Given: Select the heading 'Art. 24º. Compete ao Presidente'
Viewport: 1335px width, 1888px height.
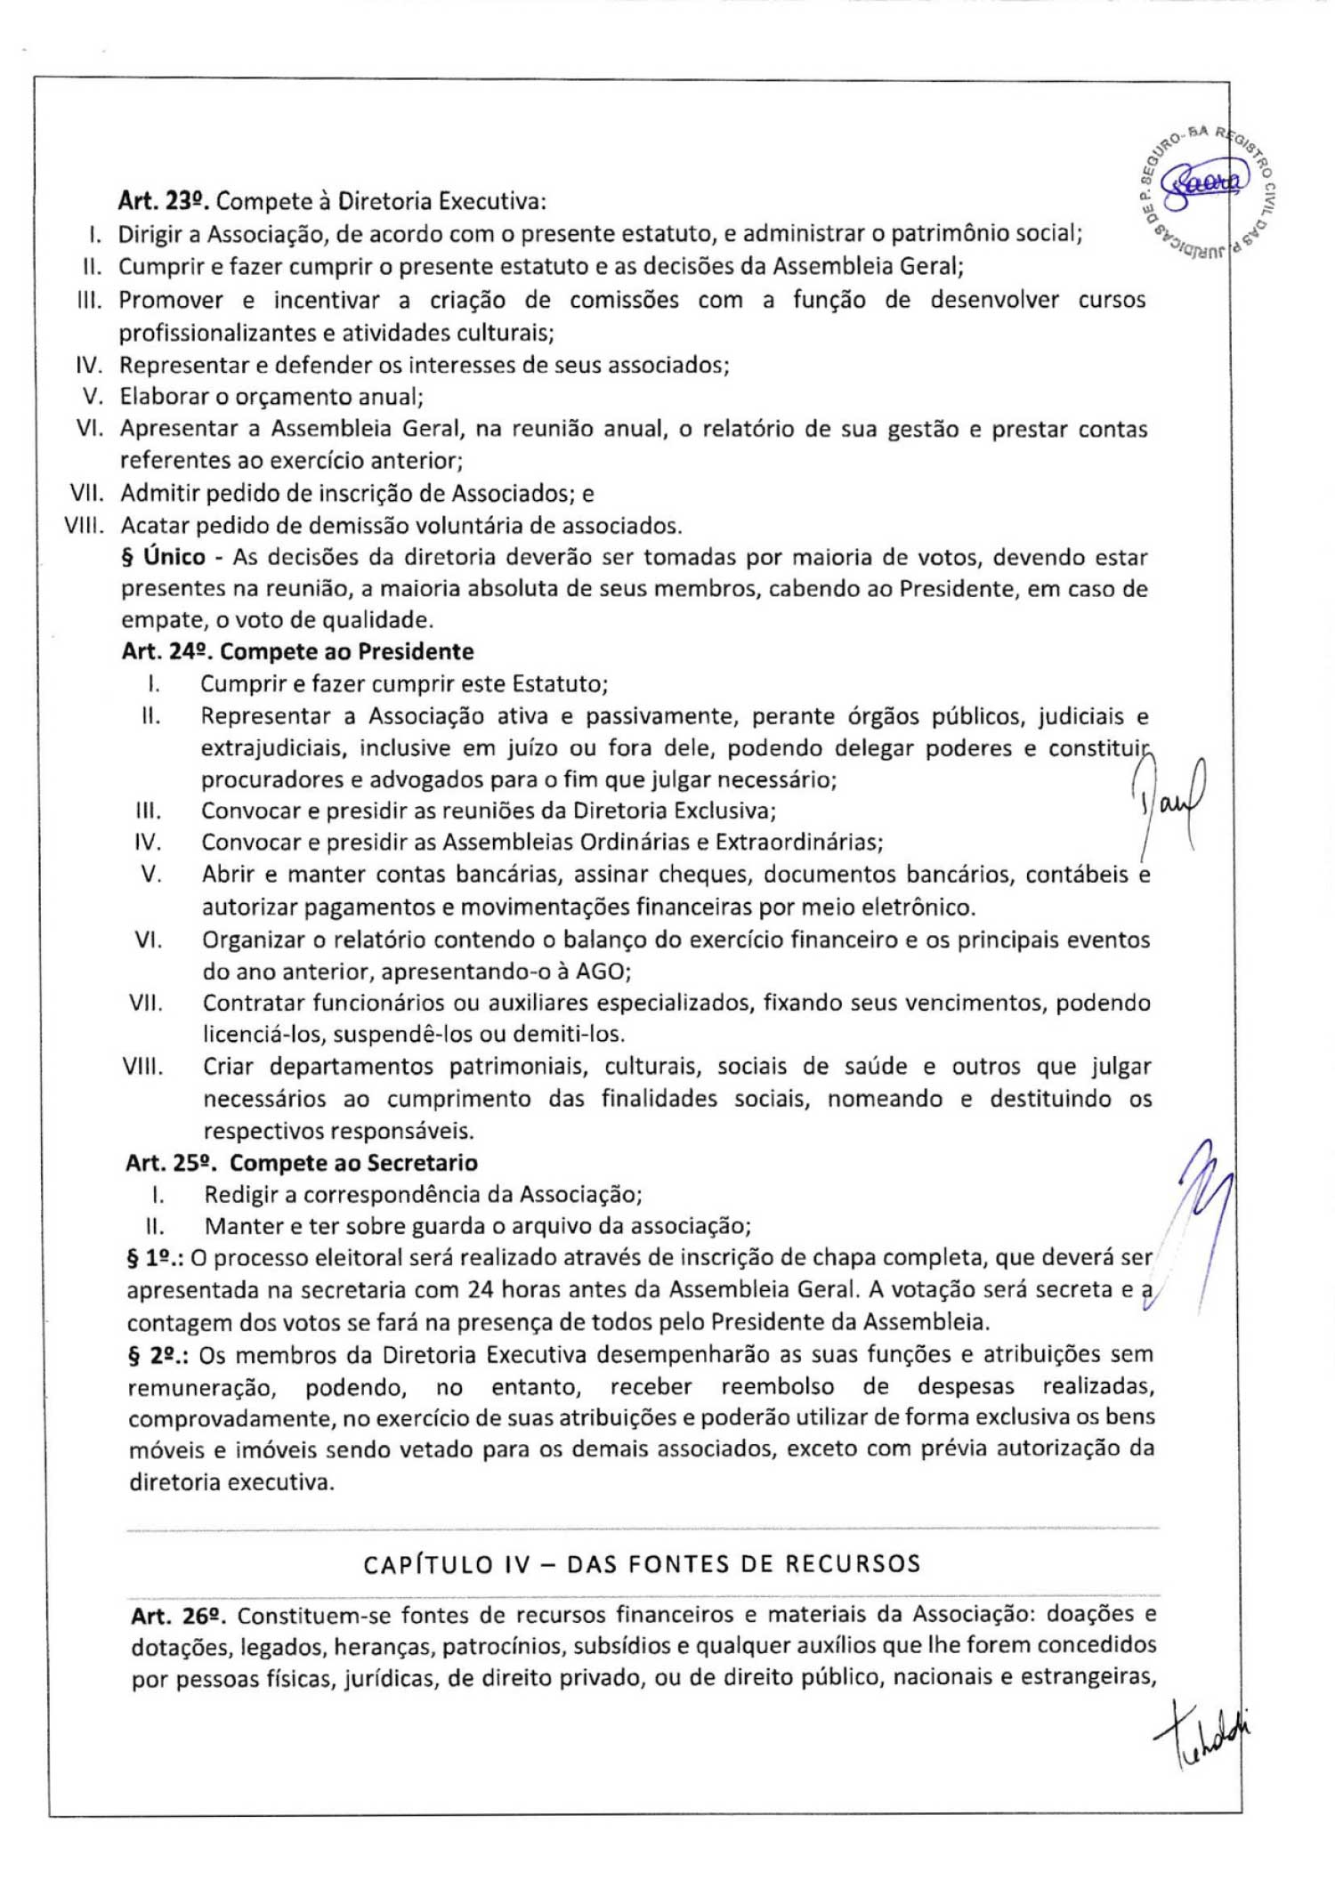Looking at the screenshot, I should tap(297, 651).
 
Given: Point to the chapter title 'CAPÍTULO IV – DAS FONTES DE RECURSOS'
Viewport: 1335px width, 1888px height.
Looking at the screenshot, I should tap(642, 1564).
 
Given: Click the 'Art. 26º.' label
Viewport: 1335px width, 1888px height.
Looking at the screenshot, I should tap(178, 1615).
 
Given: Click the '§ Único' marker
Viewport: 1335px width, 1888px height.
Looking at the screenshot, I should tap(163, 557).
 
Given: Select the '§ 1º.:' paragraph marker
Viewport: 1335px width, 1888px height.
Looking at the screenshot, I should tap(156, 1258).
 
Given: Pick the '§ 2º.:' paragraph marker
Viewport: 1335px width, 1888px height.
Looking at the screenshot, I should tap(158, 1355).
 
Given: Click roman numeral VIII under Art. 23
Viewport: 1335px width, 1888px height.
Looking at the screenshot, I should tap(85, 525).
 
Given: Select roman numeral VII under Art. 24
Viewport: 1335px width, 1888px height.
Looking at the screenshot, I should tap(146, 1004).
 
